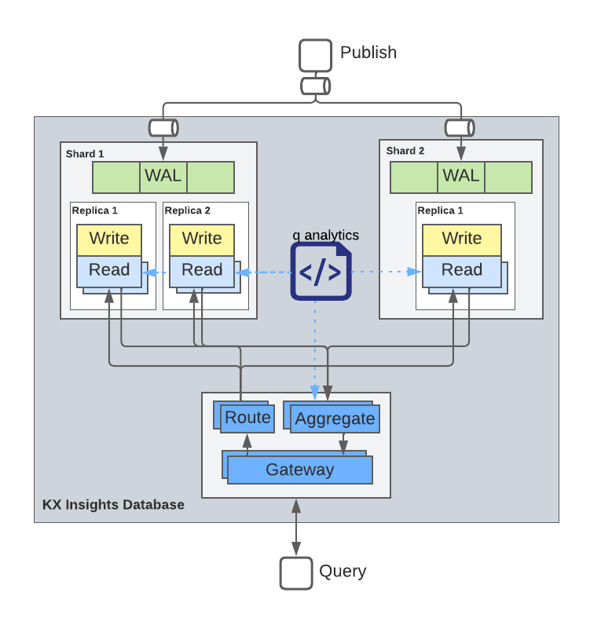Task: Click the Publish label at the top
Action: [x=368, y=53]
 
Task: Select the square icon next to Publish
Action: [x=316, y=56]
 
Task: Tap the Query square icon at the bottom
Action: [x=296, y=572]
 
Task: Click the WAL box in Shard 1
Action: [x=163, y=177]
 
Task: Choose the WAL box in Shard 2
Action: [x=461, y=177]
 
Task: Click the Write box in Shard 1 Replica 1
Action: [x=109, y=239]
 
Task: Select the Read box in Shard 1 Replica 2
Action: [x=202, y=271]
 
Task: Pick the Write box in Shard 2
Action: [x=461, y=239]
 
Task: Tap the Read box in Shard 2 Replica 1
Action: [x=461, y=271]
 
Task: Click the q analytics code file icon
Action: [x=321, y=272]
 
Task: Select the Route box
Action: [x=247, y=418]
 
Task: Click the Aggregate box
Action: [x=335, y=419]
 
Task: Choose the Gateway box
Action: [x=299, y=470]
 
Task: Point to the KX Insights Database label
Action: [x=113, y=505]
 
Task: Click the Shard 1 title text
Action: [x=85, y=154]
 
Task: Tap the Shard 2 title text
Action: [x=405, y=151]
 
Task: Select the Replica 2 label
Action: [x=187, y=210]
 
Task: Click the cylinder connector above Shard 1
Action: [x=163, y=127]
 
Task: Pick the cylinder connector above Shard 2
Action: [x=460, y=127]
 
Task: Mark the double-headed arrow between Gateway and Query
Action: [x=296, y=528]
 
